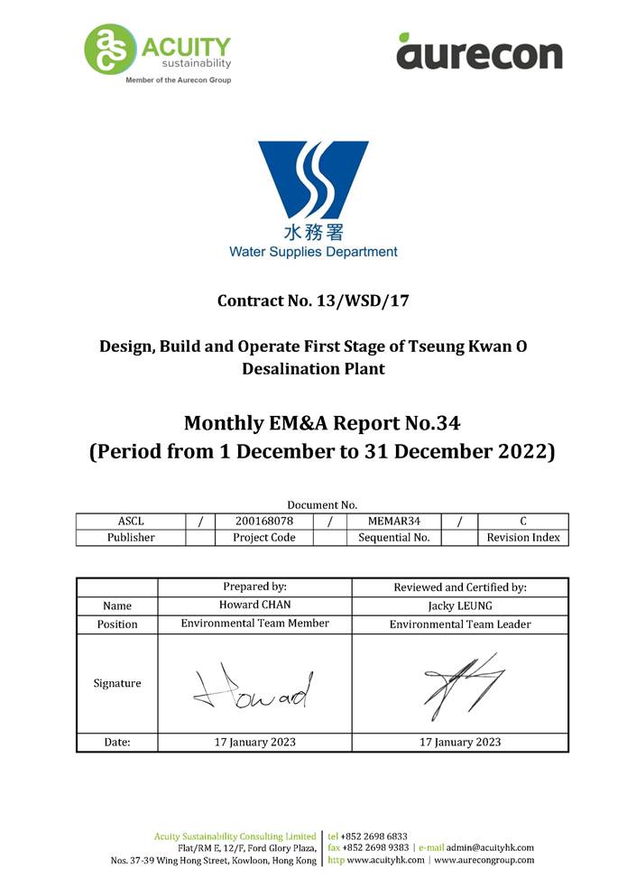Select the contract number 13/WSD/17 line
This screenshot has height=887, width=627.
pyautogui.click(x=313, y=300)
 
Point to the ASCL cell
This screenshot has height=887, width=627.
pyautogui.click(x=131, y=521)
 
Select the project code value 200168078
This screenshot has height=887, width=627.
pyautogui.click(x=264, y=521)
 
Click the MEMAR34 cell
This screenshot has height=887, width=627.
pyautogui.click(x=393, y=521)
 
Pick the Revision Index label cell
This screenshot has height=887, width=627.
pyautogui.click(x=523, y=538)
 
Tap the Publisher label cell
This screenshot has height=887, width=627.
pyautogui.click(x=131, y=538)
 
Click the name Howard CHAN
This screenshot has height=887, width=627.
pyautogui.click(x=254, y=605)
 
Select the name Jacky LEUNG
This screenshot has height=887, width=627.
pyautogui.click(x=460, y=605)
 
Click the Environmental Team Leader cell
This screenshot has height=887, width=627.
pyautogui.click(x=460, y=624)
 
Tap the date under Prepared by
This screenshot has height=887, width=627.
pyautogui.click(x=254, y=743)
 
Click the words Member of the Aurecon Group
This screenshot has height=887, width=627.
pyautogui.click(x=178, y=80)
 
